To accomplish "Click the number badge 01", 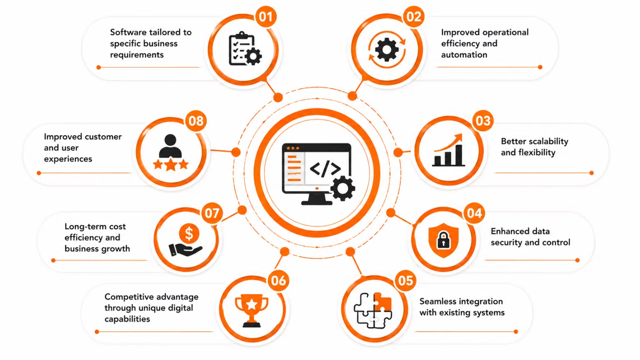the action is pyautogui.click(x=266, y=17).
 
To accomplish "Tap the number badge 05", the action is pyautogui.click(x=405, y=280).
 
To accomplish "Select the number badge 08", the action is pyautogui.click(x=196, y=121).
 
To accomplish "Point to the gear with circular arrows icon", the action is pyautogui.click(x=387, y=50).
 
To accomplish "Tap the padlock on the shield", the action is pyautogui.click(x=443, y=240).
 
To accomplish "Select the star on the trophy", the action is pyautogui.click(x=252, y=304).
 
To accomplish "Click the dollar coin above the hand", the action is pyautogui.click(x=189, y=233).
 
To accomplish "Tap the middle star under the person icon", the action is pyautogui.click(x=170, y=165).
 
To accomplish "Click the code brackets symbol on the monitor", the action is pyautogui.click(x=325, y=169).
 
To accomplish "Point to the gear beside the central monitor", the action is pyautogui.click(x=343, y=189).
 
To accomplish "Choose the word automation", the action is pyautogui.click(x=464, y=55).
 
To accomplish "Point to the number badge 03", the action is pyautogui.click(x=483, y=121).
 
